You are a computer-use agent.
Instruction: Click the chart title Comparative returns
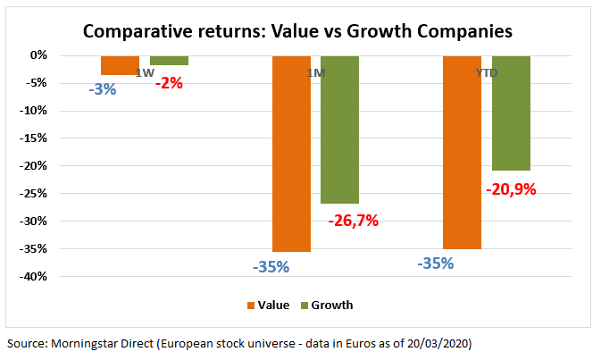coord(297,31)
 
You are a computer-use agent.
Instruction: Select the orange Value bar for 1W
coord(120,65)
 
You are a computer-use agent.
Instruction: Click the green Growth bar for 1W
coord(169,61)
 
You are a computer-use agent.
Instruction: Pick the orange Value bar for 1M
coord(292,154)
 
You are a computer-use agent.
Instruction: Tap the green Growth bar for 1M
coord(340,130)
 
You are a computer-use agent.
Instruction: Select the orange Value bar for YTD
coord(462,152)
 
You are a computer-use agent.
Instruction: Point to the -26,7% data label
coord(351,220)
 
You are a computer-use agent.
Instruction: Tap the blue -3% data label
coord(103,89)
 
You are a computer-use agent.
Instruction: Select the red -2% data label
coord(169,83)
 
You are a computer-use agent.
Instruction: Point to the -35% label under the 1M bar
coord(271,266)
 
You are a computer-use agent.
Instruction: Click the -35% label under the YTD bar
coord(435,264)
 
